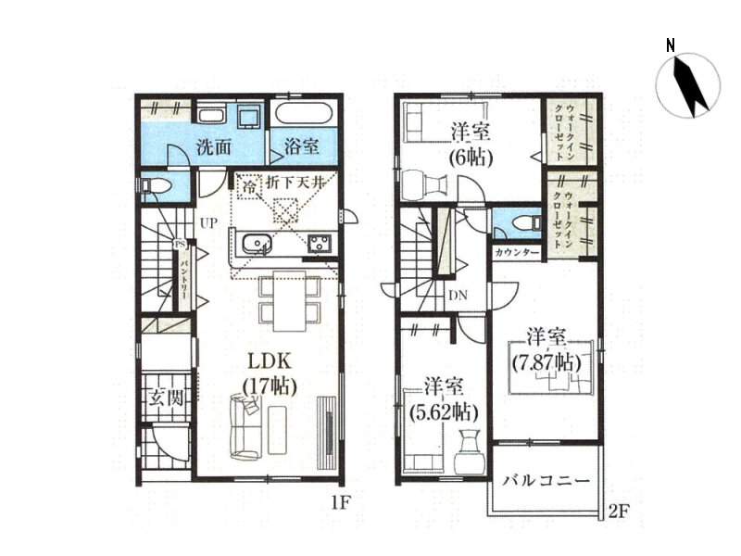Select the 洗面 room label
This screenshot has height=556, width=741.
[214, 148]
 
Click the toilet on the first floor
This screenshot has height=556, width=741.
[152, 186]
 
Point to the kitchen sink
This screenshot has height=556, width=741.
[257, 245]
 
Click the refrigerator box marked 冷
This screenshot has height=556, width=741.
[249, 187]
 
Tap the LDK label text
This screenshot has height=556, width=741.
[270, 362]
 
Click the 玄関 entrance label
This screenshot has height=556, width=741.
[166, 398]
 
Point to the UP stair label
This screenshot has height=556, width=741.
[209, 223]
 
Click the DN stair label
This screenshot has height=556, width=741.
[458, 296]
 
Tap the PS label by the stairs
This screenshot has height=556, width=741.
[180, 245]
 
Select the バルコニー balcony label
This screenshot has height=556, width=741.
[546, 481]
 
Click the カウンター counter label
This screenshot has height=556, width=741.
[517, 253]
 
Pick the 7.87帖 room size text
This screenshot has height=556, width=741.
[546, 362]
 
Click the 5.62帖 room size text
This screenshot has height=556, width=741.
[444, 413]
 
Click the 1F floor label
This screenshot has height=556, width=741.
[339, 503]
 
